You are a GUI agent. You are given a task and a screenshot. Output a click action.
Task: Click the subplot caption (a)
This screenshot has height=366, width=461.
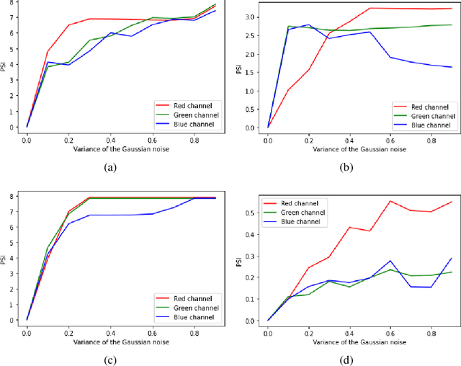(111, 166)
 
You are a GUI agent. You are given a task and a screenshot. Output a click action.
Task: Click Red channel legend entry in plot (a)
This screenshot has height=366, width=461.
(187, 104)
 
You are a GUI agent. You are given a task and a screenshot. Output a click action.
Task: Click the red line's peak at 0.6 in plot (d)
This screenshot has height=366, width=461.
(390, 201)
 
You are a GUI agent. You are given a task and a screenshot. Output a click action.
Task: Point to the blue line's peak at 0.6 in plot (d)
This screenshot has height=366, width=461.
(390, 261)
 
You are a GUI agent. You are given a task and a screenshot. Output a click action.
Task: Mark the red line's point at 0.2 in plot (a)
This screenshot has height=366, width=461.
(68, 25)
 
